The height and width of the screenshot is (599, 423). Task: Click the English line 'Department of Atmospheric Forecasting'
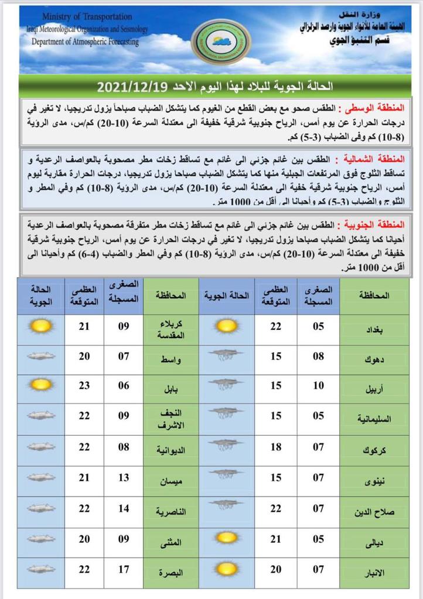pyautogui.click(x=85, y=42)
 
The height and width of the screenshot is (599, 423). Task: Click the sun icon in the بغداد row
pyautogui.click(x=226, y=326)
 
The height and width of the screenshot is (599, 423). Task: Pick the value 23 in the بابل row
pyautogui.click(x=84, y=385)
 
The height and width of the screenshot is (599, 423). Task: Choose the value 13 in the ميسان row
pyautogui.click(x=124, y=477)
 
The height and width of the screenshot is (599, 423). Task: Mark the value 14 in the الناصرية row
pyautogui.click(x=124, y=508)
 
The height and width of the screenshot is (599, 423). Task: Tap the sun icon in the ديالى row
pyautogui.click(x=226, y=538)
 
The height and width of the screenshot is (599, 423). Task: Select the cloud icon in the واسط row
pyautogui.click(x=41, y=355)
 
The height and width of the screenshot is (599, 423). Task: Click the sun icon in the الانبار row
pyautogui.click(x=226, y=569)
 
